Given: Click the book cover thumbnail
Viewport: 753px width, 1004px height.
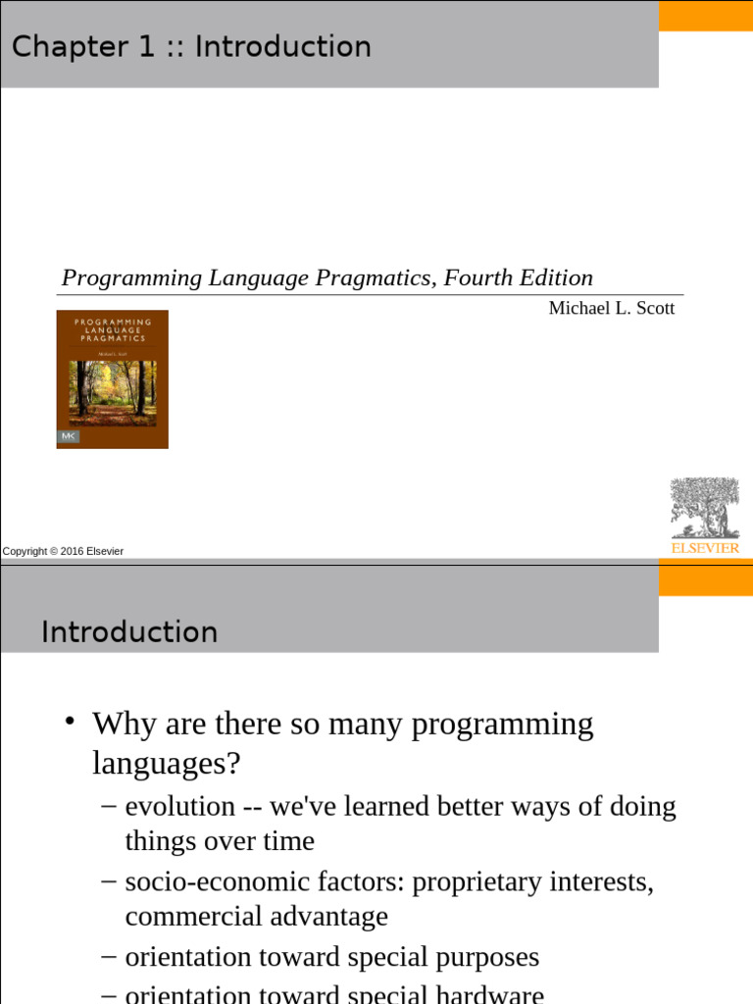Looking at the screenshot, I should (112, 379).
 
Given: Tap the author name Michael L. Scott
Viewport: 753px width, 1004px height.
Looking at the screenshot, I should (612, 309).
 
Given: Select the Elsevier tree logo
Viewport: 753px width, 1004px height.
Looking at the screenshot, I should (704, 508).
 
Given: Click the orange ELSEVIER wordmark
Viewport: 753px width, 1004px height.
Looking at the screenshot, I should (705, 548).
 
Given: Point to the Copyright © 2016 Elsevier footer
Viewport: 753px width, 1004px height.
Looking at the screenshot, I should (63, 551).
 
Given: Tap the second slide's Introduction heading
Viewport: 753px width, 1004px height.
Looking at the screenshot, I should (129, 632).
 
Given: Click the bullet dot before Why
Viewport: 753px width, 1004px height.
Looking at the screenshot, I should (70, 723).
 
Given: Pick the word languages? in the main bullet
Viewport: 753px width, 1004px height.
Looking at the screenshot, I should (166, 763).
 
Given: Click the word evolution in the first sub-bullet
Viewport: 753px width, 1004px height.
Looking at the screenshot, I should (180, 807).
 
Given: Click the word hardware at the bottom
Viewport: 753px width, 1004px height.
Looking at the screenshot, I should (489, 993).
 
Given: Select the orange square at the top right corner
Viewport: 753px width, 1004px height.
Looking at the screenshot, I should (705, 16).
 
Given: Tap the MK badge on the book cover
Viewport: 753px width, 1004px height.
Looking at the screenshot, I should (69, 434).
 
